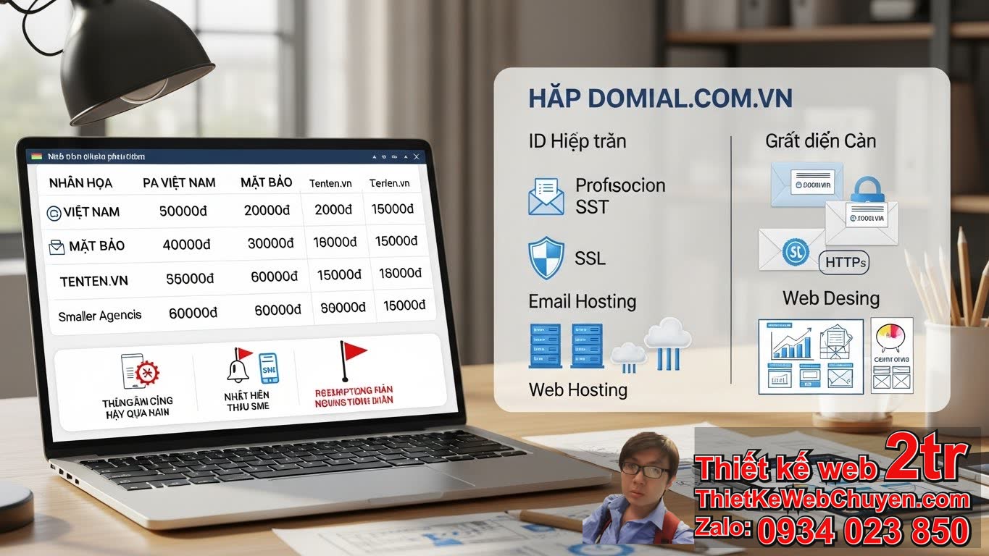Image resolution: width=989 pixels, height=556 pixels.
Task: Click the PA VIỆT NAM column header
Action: pos(179,183)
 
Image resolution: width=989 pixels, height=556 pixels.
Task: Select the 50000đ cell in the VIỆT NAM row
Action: pos(183,211)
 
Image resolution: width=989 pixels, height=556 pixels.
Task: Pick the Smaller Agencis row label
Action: pos(100,316)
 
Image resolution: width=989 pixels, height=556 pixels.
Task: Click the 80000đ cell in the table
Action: pos(338,307)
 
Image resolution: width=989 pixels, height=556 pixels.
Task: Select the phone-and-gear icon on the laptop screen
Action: pos(140,371)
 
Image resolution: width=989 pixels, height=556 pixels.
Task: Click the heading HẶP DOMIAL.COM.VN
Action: pos(660,98)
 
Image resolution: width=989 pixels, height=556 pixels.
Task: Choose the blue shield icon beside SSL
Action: pos(546,258)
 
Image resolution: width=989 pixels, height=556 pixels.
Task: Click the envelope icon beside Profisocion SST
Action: pos(546,196)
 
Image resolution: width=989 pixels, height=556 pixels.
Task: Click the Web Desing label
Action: pos(830,298)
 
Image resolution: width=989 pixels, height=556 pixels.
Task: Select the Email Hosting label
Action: pos(582,301)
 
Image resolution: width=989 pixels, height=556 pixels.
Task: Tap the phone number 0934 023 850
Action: pos(863,531)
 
